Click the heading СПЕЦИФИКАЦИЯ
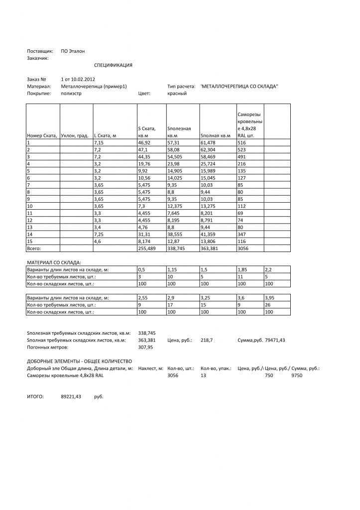(113, 65)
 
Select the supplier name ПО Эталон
(73, 51)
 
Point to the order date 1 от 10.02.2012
(78, 79)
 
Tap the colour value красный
(177, 93)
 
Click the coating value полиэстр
(71, 93)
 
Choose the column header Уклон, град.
(75, 135)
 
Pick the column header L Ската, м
(105, 135)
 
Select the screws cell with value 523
(242, 150)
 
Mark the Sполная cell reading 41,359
(209, 234)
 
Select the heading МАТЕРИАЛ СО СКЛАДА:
(53, 262)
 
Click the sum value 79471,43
(275, 340)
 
